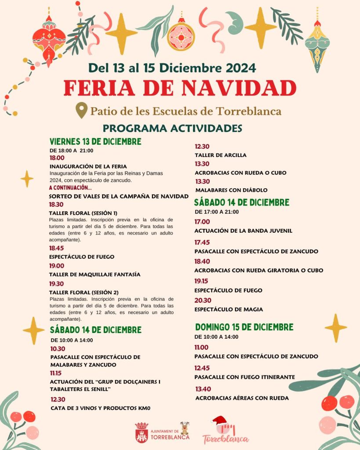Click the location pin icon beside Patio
[x=81, y=110]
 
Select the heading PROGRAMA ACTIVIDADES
[x=172, y=128]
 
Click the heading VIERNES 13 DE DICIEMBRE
[x=95, y=142]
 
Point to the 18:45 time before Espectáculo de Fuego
[x=57, y=248]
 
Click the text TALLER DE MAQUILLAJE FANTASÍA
[x=95, y=274]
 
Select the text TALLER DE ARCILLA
[x=221, y=155]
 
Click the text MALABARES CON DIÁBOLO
[x=231, y=190]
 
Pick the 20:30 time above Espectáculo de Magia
[x=202, y=300]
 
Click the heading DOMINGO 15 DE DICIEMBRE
[x=244, y=327]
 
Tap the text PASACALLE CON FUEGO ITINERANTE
[x=245, y=377]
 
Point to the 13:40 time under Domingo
[x=203, y=389]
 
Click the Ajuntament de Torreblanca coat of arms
[x=142, y=432]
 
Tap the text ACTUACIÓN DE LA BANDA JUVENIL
[x=244, y=230]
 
